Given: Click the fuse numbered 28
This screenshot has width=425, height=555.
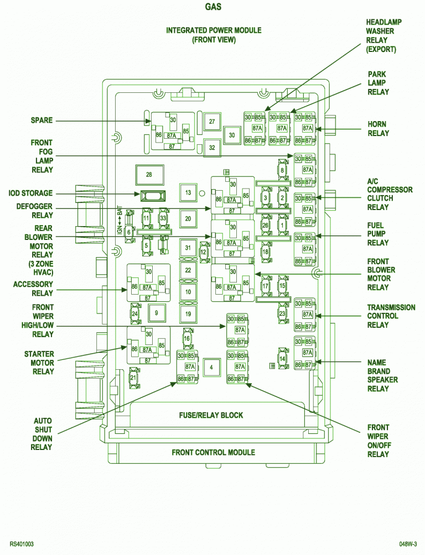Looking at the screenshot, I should (148, 175).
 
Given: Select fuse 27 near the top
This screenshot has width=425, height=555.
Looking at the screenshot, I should (211, 122).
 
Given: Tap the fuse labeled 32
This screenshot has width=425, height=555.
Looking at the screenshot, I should (211, 148).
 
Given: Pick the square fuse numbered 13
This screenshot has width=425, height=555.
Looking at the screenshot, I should (188, 192).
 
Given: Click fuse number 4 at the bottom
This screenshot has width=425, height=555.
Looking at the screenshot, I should (211, 366).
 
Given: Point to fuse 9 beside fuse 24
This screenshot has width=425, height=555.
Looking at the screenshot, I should (157, 313).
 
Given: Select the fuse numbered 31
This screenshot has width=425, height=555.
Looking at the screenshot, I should (188, 248).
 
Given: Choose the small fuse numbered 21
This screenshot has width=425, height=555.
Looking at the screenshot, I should (133, 378).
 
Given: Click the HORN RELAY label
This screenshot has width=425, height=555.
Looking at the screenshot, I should (378, 129).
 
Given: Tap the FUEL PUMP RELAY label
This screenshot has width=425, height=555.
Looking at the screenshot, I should (378, 234).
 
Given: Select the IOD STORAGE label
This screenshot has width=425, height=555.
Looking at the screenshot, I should (31, 193).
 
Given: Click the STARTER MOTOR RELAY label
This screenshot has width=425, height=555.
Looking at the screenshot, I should (39, 363).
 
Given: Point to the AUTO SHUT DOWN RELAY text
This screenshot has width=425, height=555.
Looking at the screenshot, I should (43, 434).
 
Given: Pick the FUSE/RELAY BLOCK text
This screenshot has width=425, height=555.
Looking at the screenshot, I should (211, 415).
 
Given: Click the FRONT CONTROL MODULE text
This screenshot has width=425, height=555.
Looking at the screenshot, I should (213, 452).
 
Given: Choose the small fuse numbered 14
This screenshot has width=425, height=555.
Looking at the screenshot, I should (282, 359).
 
